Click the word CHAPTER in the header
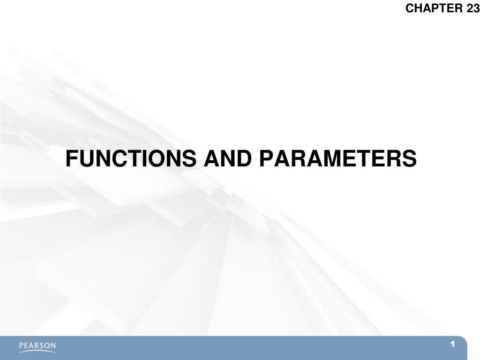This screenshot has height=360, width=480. tap(435, 8)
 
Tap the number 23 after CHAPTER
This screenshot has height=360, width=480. tap(473, 8)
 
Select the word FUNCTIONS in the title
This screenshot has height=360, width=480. tap(131, 159)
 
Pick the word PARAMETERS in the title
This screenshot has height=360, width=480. tap(338, 159)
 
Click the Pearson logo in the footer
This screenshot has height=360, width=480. tap(37, 346)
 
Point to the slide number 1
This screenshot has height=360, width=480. tap(453, 345)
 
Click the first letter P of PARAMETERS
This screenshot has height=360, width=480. tap(266, 159)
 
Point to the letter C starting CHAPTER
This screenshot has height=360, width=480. tap(409, 8)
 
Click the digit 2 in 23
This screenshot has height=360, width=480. tap(470, 8)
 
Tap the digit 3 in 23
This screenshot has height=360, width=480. tap(476, 8)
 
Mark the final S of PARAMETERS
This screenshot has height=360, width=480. tap(409, 159)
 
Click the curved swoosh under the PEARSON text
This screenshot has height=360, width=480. tap(37, 351)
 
